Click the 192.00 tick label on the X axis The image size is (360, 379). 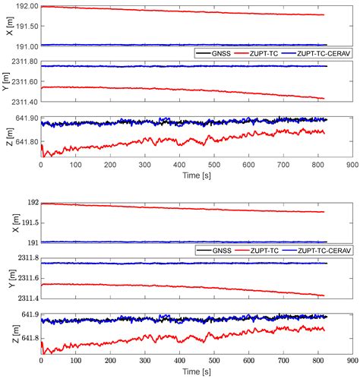coord(24,7)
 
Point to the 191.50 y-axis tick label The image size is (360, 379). coord(24,25)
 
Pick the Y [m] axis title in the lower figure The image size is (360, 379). coord(7,278)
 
